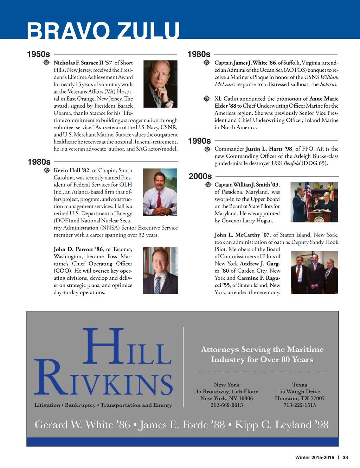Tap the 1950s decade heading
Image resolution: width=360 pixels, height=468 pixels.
39,54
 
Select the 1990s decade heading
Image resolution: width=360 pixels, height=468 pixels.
199,141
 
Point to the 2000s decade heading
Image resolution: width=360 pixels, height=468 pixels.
200,176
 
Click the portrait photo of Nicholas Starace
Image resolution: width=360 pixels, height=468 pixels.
160,84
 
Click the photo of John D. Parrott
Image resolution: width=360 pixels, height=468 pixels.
160,270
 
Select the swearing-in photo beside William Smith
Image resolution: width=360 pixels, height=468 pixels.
314,202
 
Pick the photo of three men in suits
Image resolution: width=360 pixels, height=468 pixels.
314,272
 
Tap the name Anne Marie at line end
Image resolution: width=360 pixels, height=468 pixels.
324,99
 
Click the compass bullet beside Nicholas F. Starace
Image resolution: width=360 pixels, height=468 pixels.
46,63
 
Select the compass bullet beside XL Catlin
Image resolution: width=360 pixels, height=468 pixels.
207,99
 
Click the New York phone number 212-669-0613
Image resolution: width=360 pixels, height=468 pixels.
227,405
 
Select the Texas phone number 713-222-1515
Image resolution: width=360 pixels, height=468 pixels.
300,405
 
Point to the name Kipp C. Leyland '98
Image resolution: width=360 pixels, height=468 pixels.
282,425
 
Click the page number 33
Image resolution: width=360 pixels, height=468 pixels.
345,457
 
